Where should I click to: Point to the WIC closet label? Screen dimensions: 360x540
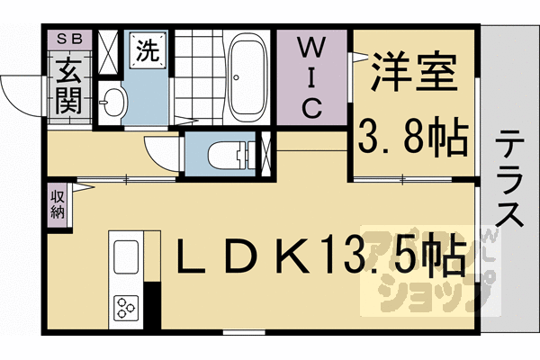[310, 76]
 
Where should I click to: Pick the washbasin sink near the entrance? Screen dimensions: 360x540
[112, 103]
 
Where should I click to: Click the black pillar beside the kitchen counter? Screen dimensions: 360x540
[152, 305]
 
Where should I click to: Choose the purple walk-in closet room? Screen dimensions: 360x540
[311, 99]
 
